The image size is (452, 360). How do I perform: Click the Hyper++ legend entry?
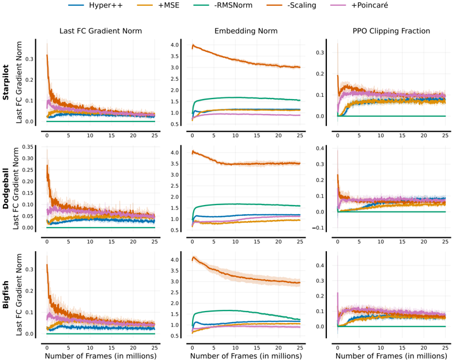(95, 5)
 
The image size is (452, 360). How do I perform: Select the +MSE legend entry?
(158, 5)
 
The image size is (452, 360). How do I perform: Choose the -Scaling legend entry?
(291, 5)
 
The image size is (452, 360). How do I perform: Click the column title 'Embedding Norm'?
(246, 31)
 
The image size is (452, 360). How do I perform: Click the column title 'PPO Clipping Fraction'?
(391, 31)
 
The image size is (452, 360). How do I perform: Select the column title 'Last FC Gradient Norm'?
(100, 31)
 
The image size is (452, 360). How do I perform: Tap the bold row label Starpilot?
(6, 82)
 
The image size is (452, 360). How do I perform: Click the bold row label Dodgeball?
(6, 188)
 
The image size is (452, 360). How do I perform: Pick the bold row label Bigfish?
(6, 295)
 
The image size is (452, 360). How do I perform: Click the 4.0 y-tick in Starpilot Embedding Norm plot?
(175, 45)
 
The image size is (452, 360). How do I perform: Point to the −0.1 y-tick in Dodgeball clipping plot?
(318, 228)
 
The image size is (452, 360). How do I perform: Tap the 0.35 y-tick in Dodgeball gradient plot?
(28, 147)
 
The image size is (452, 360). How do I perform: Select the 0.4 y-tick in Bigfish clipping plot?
(320, 265)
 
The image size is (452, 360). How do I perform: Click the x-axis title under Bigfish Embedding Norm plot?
(246, 356)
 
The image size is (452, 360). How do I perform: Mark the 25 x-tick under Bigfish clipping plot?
(445, 348)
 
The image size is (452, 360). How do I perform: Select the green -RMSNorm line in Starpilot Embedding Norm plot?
(246, 98)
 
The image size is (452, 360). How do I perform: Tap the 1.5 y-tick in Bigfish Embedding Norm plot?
(175, 314)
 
